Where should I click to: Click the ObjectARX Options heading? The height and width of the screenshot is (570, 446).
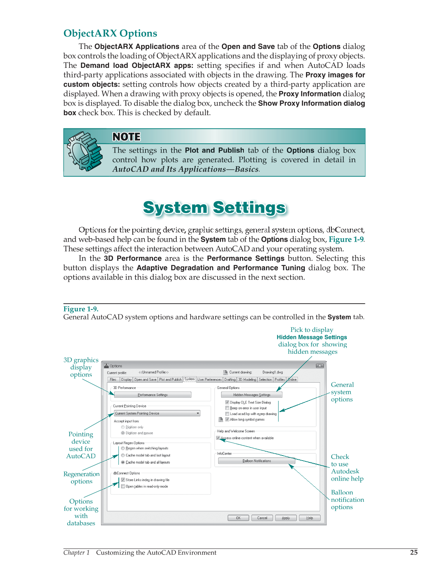pyautogui.click(x=110, y=34)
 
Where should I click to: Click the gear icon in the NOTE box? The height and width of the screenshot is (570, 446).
pyautogui.click(x=84, y=151)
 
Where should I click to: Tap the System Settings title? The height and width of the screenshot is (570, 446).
pyautogui.click(x=215, y=208)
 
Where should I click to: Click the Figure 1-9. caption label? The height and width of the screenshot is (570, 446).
pyautogui.click(x=81, y=309)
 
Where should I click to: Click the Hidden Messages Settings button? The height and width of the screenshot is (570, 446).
pyautogui.click(x=252, y=395)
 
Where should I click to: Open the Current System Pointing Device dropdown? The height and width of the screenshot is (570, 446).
pyautogui.click(x=198, y=413)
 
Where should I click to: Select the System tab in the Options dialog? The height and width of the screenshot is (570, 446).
pyautogui.click(x=189, y=379)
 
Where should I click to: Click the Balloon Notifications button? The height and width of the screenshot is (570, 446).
pyautogui.click(x=257, y=461)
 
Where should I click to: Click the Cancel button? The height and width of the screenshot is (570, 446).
pyautogui.click(x=262, y=518)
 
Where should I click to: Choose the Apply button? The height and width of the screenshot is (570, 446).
pyautogui.click(x=286, y=518)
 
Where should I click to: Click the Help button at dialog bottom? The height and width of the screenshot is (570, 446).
pyautogui.click(x=309, y=518)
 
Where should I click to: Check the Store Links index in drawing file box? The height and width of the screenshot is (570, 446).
pyautogui.click(x=123, y=480)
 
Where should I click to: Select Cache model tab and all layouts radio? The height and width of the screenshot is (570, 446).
pyautogui.click(x=123, y=462)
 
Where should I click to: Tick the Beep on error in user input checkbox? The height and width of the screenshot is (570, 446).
pyautogui.click(x=227, y=408)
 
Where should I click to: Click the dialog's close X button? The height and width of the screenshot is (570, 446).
pyautogui.click(x=319, y=366)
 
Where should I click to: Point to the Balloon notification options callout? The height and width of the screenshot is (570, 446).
pyautogui.click(x=347, y=499)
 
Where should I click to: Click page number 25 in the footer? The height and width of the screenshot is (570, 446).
pyautogui.click(x=414, y=552)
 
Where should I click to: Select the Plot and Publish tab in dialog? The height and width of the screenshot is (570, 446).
pyautogui.click(x=170, y=380)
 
